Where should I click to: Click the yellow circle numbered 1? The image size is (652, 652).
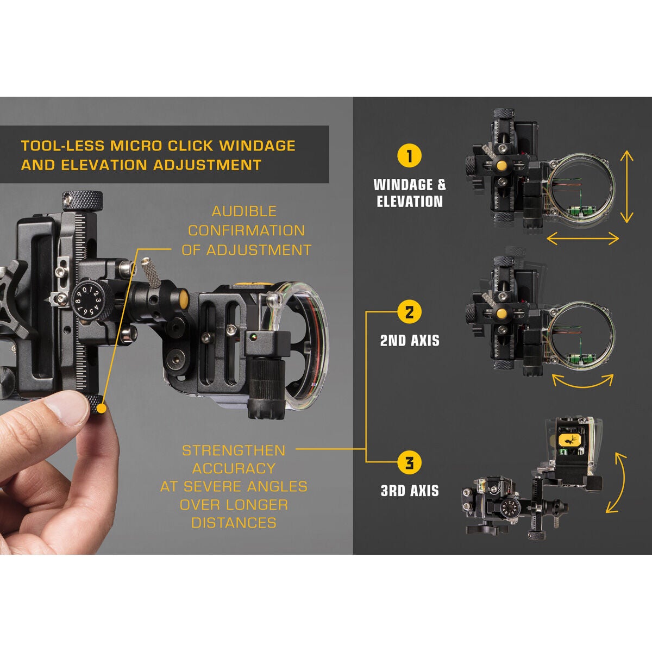coord(409,155)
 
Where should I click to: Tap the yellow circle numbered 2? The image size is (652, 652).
coord(409,312)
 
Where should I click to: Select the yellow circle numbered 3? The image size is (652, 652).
coord(409,463)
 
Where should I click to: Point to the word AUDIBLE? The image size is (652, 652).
coord(244,211)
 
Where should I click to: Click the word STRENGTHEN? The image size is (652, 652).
coord(233,450)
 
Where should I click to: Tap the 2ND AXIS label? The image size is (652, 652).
coord(410,341)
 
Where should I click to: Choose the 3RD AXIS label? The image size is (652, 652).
coord(409,491)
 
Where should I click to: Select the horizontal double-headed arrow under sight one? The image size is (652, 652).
coord(582,238)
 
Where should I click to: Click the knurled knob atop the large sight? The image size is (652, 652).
coord(82,200)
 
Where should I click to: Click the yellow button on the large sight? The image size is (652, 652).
coord(184,298)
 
